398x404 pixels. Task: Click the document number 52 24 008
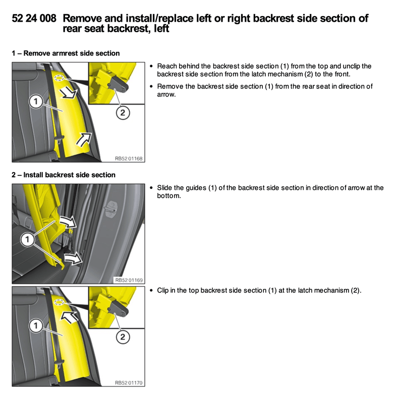click(34, 19)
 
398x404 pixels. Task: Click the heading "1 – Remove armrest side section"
click(66, 53)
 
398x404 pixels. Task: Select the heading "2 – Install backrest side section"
click(64, 175)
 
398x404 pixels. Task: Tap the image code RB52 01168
click(129, 159)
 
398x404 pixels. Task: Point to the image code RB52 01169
click(129, 280)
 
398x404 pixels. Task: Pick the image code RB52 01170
click(129, 383)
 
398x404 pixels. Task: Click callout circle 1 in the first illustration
click(35, 102)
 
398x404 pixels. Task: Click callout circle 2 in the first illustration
click(122, 113)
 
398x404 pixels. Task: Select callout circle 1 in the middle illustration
click(28, 237)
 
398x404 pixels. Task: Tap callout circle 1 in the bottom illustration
click(35, 326)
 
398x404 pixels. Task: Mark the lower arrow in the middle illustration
click(73, 259)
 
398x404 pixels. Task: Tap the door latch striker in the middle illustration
click(110, 208)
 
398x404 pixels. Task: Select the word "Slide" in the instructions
click(165, 188)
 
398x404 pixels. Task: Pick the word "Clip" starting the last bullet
click(164, 290)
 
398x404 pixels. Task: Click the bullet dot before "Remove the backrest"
click(152, 86)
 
